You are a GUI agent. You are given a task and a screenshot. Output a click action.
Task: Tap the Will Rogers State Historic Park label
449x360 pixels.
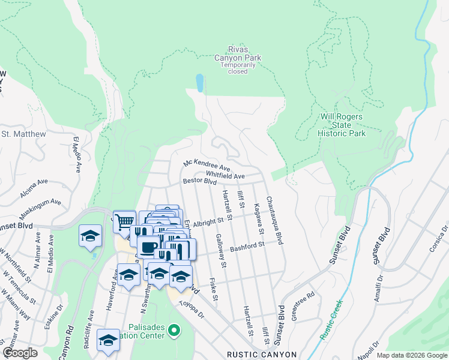pyautogui.click(x=342, y=125)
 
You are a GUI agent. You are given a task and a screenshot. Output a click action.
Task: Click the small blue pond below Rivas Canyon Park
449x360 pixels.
pyautogui.click(x=199, y=82)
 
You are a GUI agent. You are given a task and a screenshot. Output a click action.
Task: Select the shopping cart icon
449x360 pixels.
pyautogui.click(x=124, y=221)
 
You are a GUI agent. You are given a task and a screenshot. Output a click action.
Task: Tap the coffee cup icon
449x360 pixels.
pyautogui.click(x=148, y=246)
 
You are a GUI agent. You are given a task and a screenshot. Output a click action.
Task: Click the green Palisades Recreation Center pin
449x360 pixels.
pyautogui.click(x=174, y=330)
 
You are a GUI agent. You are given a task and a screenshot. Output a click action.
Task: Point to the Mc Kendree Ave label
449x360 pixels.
pyautogui.click(x=207, y=165)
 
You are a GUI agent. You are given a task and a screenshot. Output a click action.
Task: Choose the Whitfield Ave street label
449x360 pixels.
pyautogui.click(x=225, y=176)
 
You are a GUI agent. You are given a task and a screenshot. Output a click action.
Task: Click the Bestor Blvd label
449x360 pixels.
pyautogui.click(x=199, y=181)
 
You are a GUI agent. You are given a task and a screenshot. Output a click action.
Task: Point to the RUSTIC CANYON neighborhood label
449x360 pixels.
pyautogui.click(x=262, y=355)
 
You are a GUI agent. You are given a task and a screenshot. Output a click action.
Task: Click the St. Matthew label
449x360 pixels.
pyautogui.click(x=20, y=134)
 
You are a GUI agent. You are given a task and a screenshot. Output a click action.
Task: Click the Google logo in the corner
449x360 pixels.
pyautogui.click(x=20, y=353)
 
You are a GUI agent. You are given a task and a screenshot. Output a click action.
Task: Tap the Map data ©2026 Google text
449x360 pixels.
pyautogui.click(x=411, y=355)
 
